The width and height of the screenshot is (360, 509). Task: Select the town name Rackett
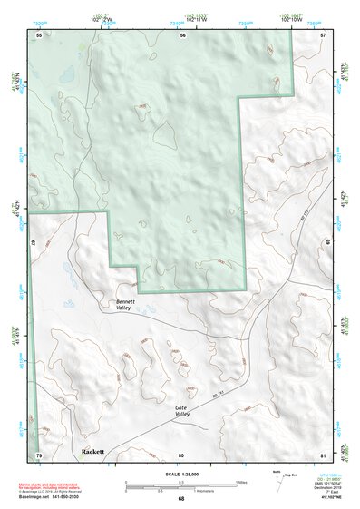[x=92, y=451]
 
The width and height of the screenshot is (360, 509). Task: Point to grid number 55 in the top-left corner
[x=39, y=35]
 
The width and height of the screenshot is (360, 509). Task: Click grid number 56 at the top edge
[x=182, y=35]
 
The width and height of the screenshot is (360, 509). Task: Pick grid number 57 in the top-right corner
[x=323, y=35]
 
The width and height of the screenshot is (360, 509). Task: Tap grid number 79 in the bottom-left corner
[x=39, y=454]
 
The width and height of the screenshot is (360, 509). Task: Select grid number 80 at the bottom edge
[x=181, y=454]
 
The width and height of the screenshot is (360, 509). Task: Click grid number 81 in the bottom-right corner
[x=323, y=454]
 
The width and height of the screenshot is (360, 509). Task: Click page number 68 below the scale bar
[x=181, y=499]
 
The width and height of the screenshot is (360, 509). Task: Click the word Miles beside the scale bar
[x=241, y=481]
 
